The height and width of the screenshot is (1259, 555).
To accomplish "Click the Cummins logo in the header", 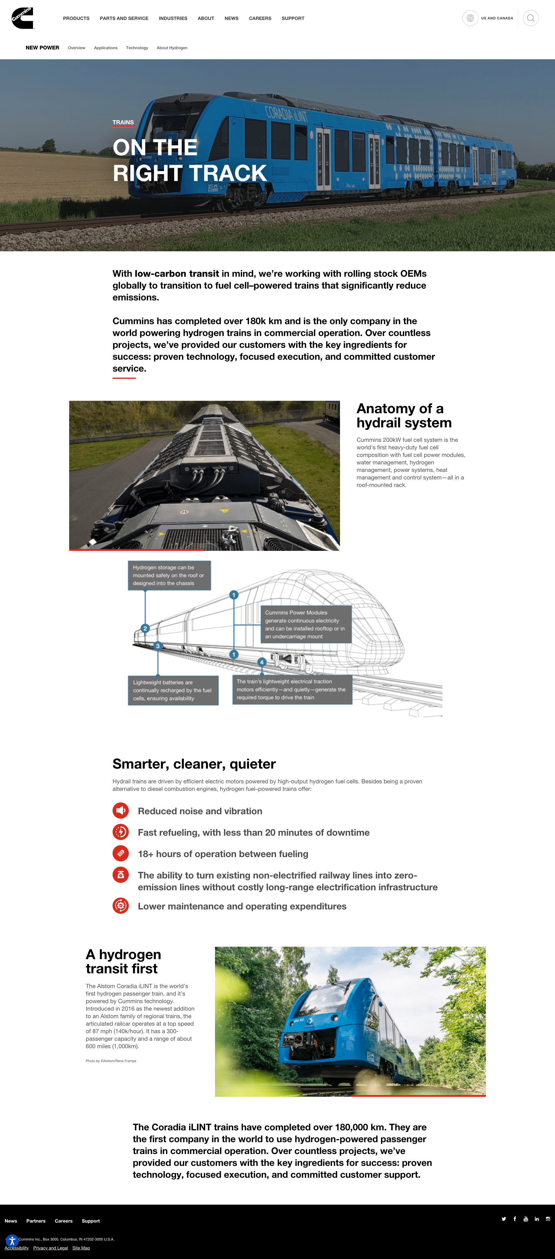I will coord(23,18).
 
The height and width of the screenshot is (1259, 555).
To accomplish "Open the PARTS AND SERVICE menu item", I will coord(124,19).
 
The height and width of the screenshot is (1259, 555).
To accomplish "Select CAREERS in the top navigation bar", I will coord(260,19).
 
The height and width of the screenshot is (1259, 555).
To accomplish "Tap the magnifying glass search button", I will coord(531,18).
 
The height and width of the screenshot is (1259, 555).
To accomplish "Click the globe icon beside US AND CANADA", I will coord(470,18).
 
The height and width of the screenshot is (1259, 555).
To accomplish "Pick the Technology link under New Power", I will coord(137,48).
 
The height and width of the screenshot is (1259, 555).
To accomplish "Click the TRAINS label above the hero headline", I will coord(123,122).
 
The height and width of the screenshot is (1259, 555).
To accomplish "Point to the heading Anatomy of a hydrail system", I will coord(404,416).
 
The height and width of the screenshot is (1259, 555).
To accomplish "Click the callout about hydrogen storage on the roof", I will coord(169,575).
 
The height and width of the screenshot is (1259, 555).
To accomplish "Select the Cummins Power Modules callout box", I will coord(306,624).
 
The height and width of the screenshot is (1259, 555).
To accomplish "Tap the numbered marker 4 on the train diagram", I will coord(262,662).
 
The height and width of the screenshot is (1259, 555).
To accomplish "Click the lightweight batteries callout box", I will coord(173,690).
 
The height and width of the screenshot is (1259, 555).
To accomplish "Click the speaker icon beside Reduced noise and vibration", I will coord(121,810).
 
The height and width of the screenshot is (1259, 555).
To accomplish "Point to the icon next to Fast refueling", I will coord(121,832).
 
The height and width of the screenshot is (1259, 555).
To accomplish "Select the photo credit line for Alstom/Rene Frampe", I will coord(111,1061).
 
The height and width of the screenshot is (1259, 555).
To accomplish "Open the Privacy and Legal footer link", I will coord(50,1248).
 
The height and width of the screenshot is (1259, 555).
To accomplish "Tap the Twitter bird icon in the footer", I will coord(504,1219).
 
